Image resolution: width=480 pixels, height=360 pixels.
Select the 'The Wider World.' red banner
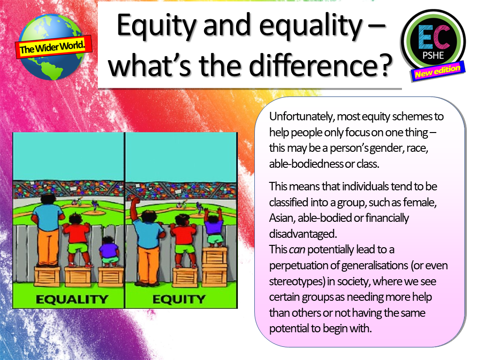point(55,46)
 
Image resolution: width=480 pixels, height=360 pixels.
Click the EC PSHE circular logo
point(433,39)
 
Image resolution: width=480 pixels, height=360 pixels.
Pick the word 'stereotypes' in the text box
point(295,281)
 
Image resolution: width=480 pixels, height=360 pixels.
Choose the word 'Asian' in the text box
point(283,218)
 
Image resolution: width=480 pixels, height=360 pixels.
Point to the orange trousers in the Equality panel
point(48,247)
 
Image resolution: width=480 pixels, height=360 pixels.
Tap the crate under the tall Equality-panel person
point(47,276)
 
